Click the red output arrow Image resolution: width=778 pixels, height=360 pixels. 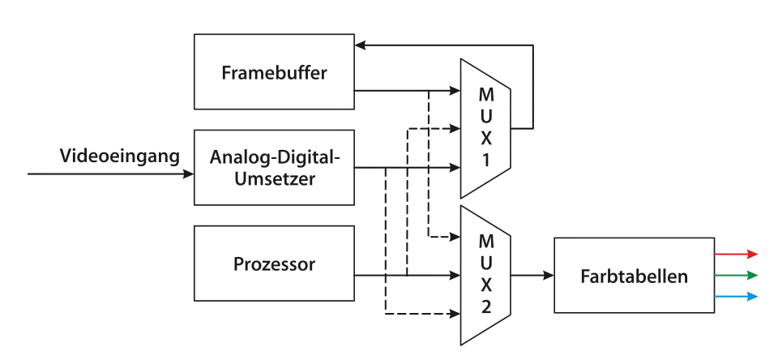pyautogui.click(x=736, y=255)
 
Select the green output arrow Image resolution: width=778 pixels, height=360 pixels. pyautogui.click(x=736, y=276)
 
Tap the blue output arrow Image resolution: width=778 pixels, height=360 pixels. pyautogui.click(x=736, y=298)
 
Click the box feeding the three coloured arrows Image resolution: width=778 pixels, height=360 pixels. pyautogui.click(x=635, y=276)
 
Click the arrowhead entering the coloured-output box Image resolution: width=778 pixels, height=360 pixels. pyautogui.click(x=547, y=276)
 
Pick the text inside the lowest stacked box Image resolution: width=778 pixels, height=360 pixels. pyautogui.click(x=274, y=264)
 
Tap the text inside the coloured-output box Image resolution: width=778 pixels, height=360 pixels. pyautogui.click(x=634, y=276)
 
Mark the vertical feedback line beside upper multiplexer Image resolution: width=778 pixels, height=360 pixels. pyautogui.click(x=536, y=81)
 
